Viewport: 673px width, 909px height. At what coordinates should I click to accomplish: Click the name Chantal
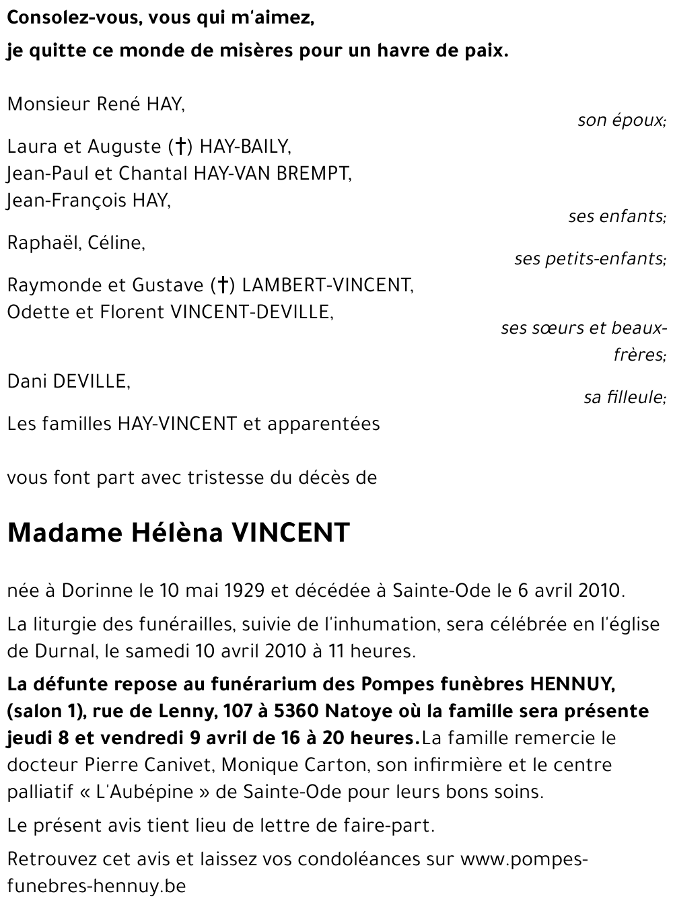(x=154, y=174)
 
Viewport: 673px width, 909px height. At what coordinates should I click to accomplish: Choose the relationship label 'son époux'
(x=621, y=120)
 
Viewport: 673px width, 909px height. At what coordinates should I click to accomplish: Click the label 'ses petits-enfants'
(x=590, y=258)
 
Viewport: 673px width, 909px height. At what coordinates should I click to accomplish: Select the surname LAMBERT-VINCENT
(x=327, y=285)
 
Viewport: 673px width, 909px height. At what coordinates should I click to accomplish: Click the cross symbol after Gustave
(x=221, y=285)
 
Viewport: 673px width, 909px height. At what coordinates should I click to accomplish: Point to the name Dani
(x=27, y=381)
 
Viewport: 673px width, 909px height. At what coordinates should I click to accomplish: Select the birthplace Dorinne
(x=98, y=591)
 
